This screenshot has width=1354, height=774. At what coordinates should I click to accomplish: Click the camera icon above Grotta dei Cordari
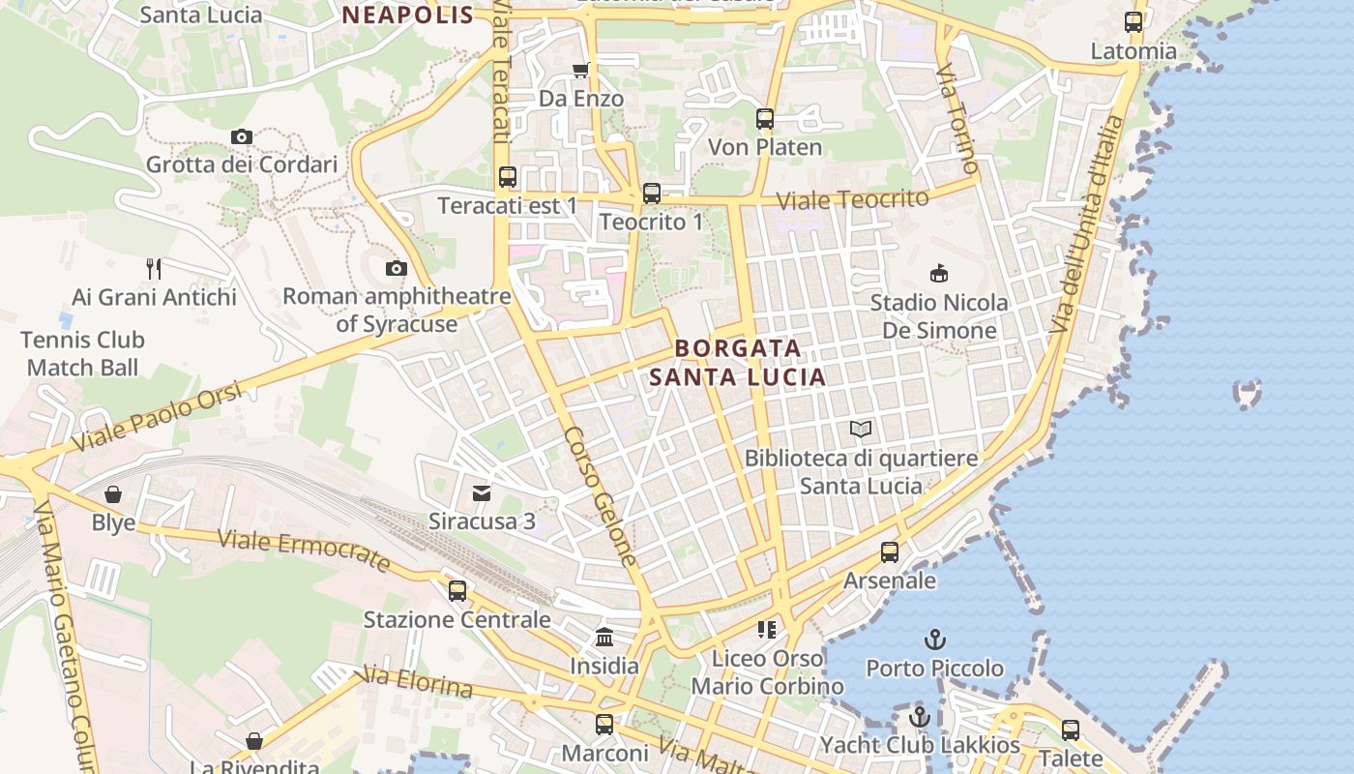point(242,137)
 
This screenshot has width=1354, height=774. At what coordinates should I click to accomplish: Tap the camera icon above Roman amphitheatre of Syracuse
point(396,269)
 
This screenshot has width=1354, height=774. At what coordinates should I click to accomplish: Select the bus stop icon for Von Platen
point(765,119)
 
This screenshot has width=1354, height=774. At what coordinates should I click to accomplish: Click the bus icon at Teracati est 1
point(508,177)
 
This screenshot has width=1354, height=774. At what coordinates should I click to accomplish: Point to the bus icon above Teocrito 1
point(652,193)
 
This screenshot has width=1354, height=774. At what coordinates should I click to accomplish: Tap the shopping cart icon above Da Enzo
point(580,70)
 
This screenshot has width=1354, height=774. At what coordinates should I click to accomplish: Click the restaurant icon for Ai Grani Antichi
point(154,268)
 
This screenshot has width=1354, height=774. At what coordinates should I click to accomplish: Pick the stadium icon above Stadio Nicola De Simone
point(938,274)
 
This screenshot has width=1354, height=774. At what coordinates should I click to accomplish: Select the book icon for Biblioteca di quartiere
point(861,429)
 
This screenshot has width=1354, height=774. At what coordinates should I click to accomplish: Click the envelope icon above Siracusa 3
point(482,493)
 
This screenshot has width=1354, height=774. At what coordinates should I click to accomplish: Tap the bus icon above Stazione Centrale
point(457,590)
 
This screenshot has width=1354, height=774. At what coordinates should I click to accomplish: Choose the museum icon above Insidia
point(604,638)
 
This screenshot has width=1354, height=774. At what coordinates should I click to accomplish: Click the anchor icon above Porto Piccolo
point(934,640)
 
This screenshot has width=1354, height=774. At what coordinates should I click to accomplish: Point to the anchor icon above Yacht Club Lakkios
point(920,717)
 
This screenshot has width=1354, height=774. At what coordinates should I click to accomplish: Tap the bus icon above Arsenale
point(890,552)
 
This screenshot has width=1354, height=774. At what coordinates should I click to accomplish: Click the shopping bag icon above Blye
point(113,494)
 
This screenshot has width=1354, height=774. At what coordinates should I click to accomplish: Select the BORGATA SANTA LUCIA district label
point(738,362)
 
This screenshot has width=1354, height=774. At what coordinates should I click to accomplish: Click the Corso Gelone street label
point(601,496)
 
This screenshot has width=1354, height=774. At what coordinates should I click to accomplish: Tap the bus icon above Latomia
point(1133,22)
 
